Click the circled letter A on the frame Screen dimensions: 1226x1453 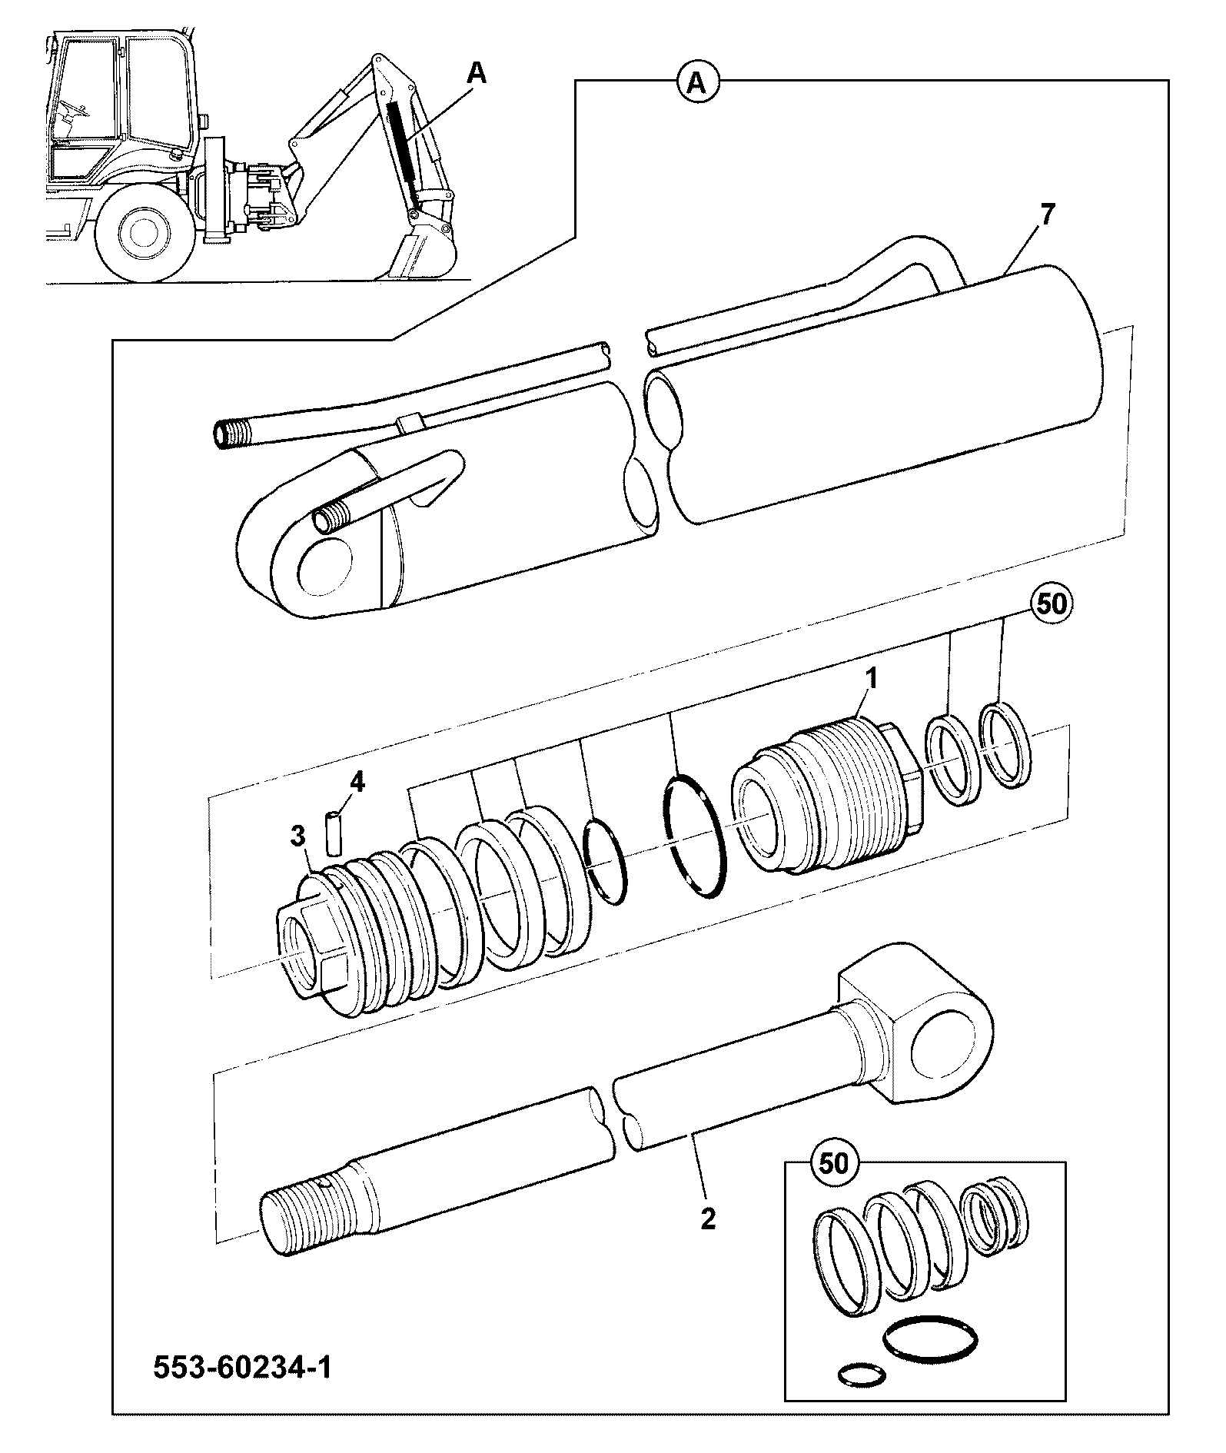pyautogui.click(x=696, y=81)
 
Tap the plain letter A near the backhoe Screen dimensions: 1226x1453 pyautogui.click(x=477, y=73)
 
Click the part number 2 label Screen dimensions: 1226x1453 pyautogui.click(x=708, y=1219)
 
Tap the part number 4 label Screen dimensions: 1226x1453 pyautogui.click(x=357, y=783)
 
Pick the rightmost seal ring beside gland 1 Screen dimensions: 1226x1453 pyautogui.click(x=1007, y=743)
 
